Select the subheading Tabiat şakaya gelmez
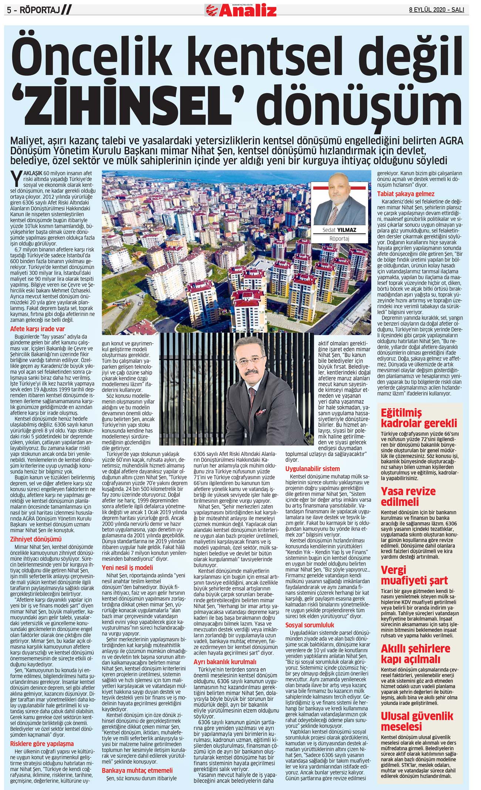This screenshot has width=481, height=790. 406,194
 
